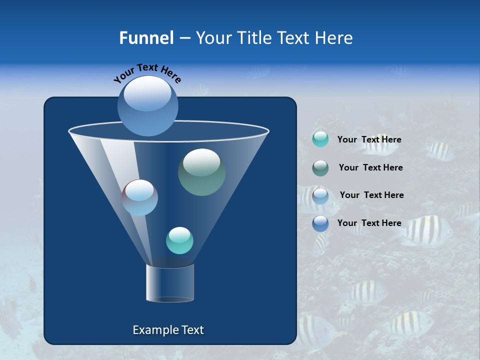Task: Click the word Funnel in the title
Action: tap(146, 38)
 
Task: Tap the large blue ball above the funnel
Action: tap(147, 106)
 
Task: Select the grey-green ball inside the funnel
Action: tap(201, 172)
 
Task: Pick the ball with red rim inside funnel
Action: tap(140, 197)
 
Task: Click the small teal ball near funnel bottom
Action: tap(179, 240)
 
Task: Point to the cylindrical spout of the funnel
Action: tap(170, 283)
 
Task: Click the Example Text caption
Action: tap(168, 330)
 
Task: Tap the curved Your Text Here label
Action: tap(147, 72)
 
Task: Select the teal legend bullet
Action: tap(320, 139)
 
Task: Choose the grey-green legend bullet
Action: tap(320, 168)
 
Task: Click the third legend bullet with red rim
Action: tap(320, 195)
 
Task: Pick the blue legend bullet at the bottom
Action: tap(320, 223)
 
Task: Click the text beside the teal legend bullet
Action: tap(369, 140)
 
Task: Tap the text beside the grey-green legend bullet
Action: tap(370, 168)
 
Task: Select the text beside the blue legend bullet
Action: tap(369, 223)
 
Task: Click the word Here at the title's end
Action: tap(333, 38)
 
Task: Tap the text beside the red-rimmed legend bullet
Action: tap(371, 195)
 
